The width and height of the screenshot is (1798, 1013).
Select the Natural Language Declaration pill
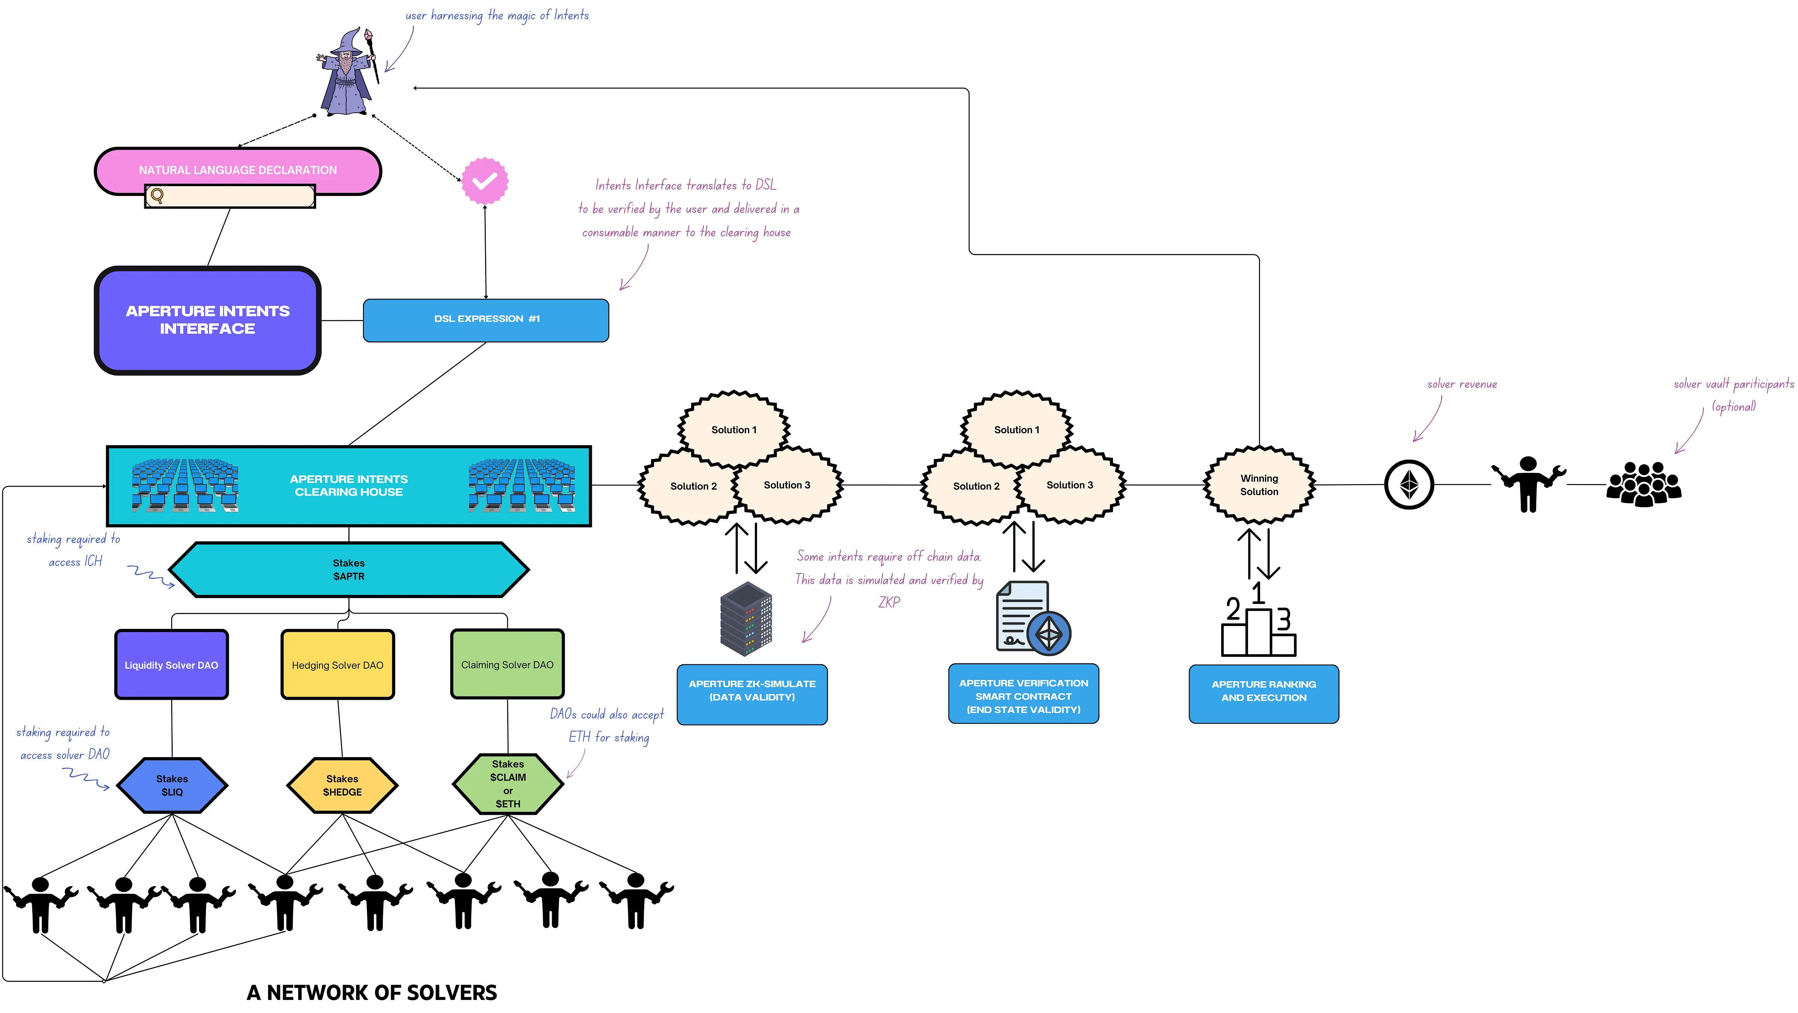(x=237, y=170)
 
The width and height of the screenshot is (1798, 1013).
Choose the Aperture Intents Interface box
(x=207, y=320)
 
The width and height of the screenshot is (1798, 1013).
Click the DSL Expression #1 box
(x=486, y=320)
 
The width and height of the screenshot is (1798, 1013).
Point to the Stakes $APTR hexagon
(x=348, y=570)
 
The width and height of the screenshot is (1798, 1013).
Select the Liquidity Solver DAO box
(x=172, y=665)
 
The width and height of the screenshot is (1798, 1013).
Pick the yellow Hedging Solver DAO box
(x=338, y=665)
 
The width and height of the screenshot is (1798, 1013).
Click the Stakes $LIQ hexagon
(x=172, y=785)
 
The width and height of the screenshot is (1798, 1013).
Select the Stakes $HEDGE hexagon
(x=342, y=785)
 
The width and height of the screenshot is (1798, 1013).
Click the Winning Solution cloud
(x=1259, y=484)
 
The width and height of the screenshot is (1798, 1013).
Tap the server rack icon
(x=746, y=619)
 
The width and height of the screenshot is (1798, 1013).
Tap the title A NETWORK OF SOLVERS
(x=372, y=992)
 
